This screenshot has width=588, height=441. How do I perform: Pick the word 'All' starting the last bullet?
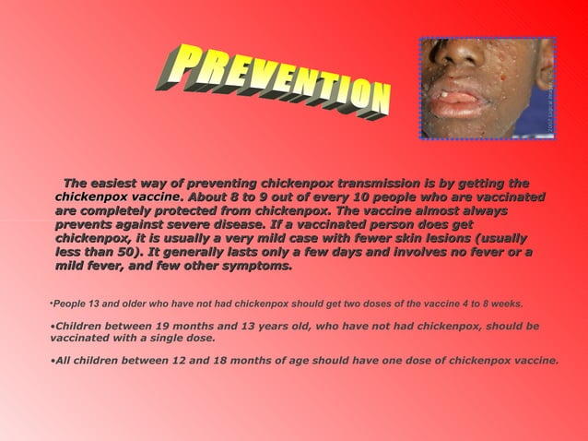coord(65,361)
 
